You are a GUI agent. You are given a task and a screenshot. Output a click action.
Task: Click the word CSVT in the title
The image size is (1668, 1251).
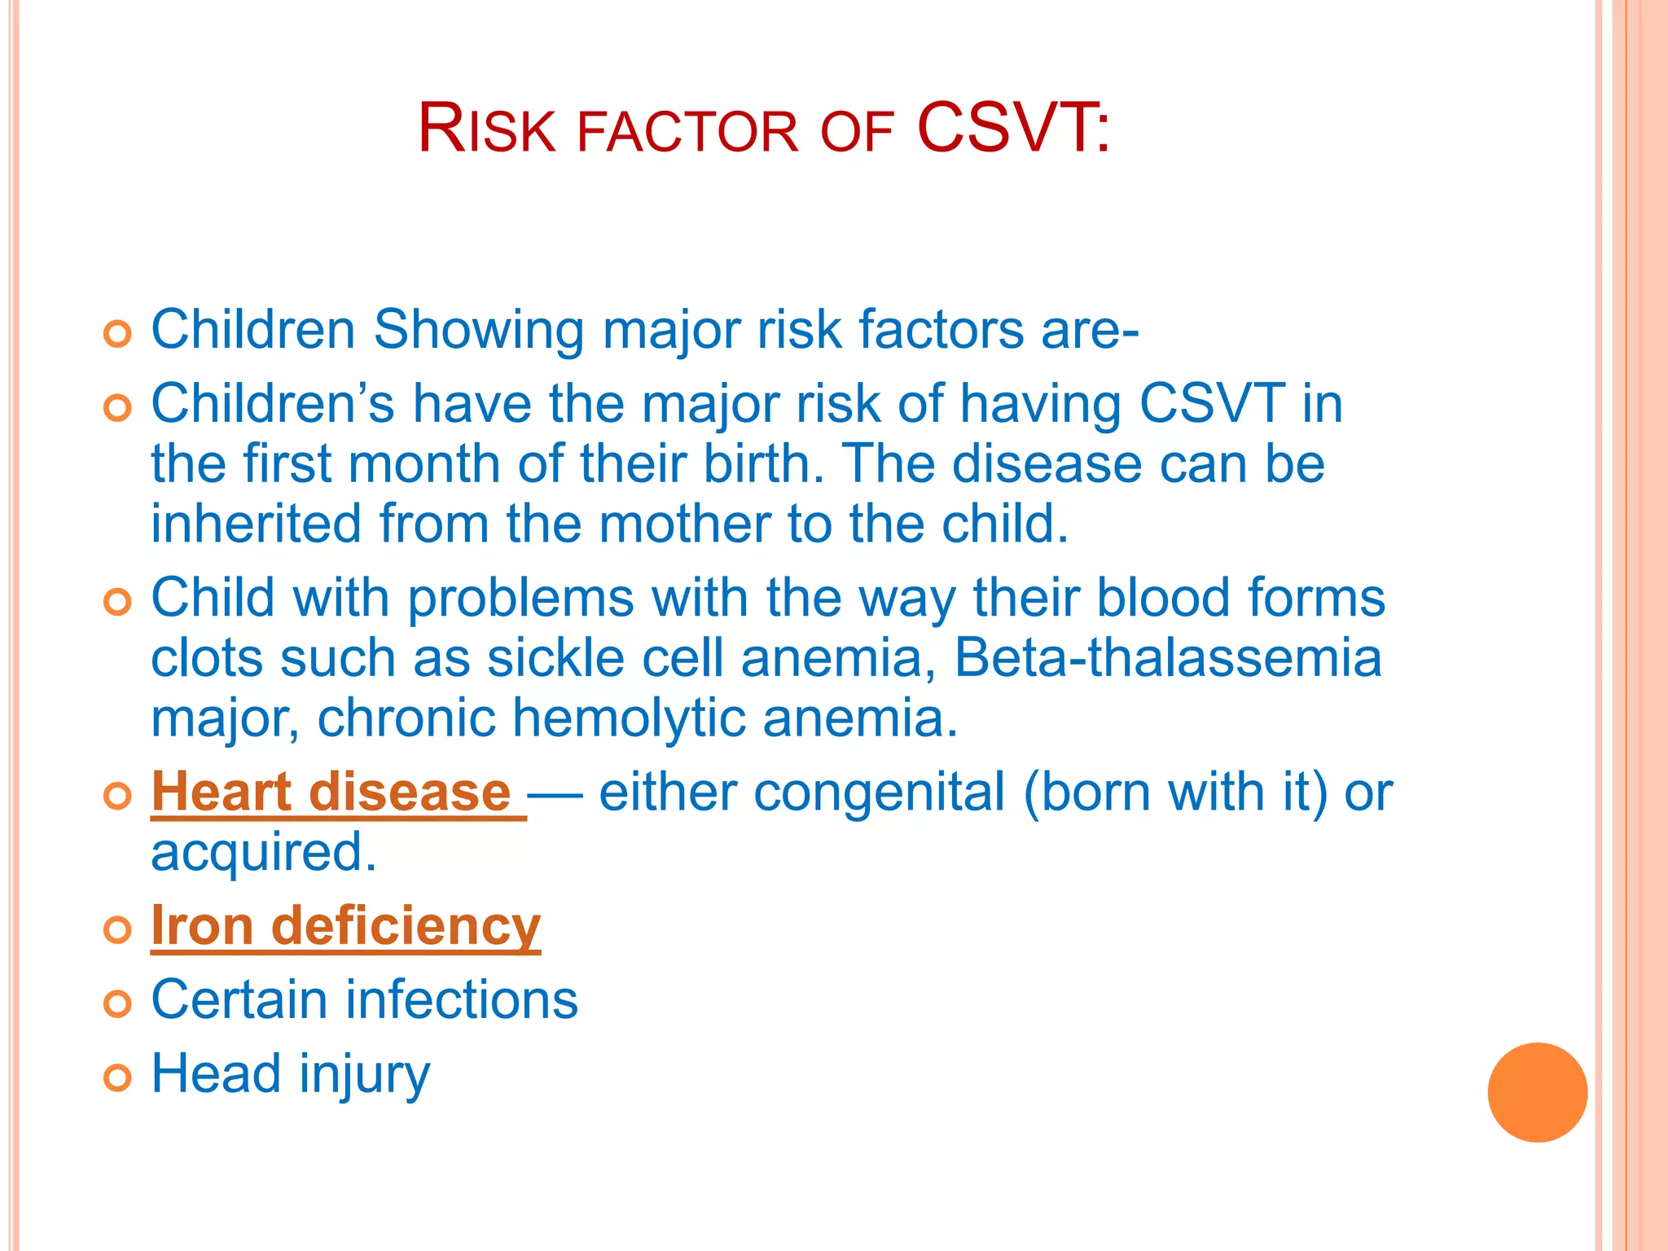(x=1005, y=128)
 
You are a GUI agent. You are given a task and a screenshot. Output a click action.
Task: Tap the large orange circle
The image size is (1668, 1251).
(x=1537, y=1092)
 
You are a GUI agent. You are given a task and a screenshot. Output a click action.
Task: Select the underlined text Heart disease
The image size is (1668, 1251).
(x=331, y=792)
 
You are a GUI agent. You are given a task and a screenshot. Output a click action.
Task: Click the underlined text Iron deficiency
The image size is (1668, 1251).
(x=345, y=926)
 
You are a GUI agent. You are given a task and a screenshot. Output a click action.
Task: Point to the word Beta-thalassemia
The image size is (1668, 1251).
(x=1167, y=658)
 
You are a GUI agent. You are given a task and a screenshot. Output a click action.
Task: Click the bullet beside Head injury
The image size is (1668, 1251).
(x=118, y=1078)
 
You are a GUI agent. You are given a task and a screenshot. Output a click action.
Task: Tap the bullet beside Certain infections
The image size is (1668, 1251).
(x=118, y=1003)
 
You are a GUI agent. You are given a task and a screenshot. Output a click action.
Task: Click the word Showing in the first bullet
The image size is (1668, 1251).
(x=478, y=331)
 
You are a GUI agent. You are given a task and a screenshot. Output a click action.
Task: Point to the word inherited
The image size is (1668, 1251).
(x=256, y=524)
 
